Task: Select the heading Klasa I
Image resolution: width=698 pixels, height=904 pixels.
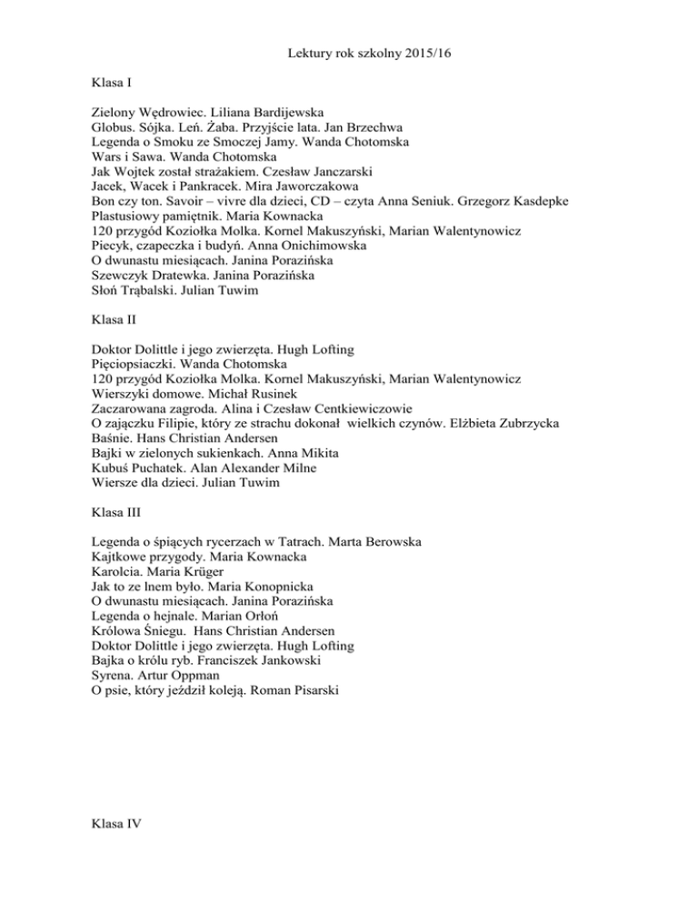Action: click(x=113, y=84)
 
